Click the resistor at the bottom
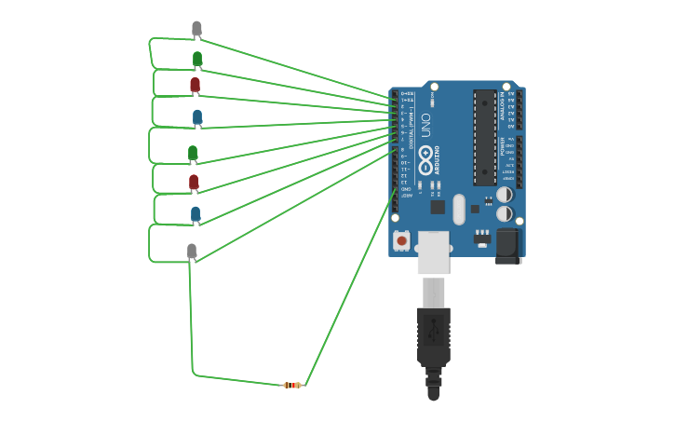292,385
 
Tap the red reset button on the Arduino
401,240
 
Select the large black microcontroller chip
484,137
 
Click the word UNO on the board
426,125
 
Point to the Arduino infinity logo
426,158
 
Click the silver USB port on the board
433,252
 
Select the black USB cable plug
434,340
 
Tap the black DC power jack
507,246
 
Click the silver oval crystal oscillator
458,210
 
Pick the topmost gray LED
196,29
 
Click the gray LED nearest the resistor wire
192,251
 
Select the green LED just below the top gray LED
197,60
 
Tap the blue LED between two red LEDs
197,117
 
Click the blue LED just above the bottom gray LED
196,214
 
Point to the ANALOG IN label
502,105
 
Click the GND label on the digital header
405,189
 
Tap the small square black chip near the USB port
438,207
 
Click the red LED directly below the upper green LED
195,86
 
